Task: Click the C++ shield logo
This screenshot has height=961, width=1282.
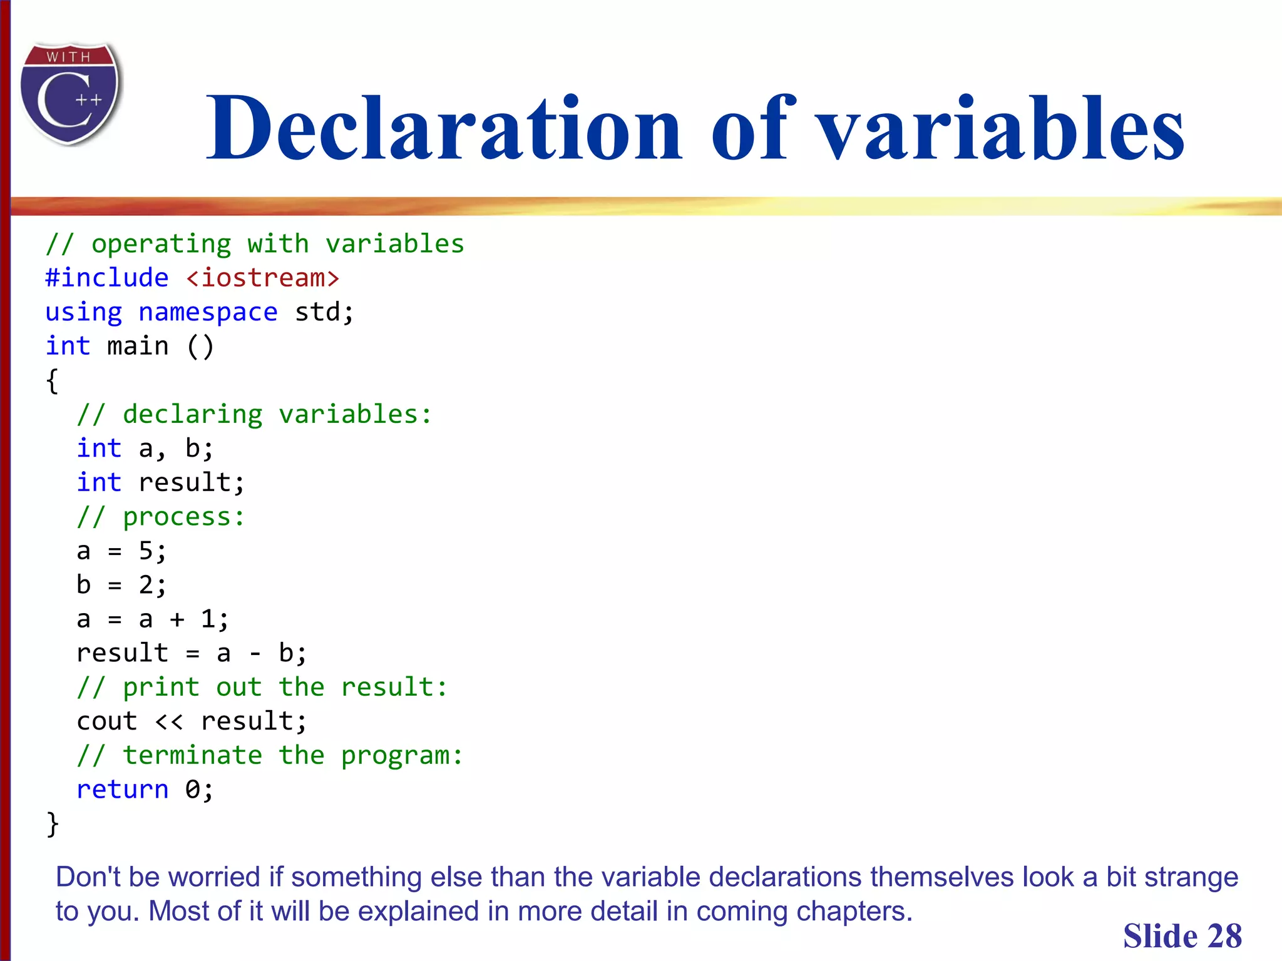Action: (70, 94)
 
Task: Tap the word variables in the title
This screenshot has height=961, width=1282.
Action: (1002, 128)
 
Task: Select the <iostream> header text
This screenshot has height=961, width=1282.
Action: (263, 278)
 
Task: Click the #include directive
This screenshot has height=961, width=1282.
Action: (107, 278)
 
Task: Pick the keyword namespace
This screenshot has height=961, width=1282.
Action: (208, 312)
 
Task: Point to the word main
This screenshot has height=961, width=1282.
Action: (138, 346)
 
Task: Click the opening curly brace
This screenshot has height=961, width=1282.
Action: (53, 380)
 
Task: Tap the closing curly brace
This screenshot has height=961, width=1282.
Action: (53, 824)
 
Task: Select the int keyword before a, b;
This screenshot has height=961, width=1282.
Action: (99, 449)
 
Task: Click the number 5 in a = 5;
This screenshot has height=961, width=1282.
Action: (146, 551)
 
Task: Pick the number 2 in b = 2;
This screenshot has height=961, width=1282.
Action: (146, 585)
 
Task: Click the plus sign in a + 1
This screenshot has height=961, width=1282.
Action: (177, 619)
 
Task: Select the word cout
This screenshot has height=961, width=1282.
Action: (107, 721)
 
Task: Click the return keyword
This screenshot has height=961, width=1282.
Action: (123, 790)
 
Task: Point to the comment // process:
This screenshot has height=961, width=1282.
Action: (161, 517)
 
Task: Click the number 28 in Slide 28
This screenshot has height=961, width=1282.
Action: (1224, 937)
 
